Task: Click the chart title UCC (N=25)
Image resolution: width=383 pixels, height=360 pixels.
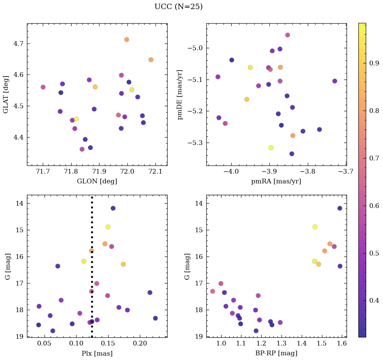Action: (178, 7)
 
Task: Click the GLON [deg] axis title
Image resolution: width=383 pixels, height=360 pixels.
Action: (97, 181)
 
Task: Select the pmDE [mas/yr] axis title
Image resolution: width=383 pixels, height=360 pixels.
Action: (180, 94)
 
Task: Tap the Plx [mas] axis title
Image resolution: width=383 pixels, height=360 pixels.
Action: (97, 353)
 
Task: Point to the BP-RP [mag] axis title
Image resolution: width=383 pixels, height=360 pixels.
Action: (276, 353)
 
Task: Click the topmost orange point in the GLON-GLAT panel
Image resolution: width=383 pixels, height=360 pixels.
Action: (127, 39)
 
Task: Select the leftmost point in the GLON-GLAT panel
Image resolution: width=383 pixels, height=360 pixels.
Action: (43, 87)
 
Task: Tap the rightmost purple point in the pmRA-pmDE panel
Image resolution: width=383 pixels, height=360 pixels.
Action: (335, 81)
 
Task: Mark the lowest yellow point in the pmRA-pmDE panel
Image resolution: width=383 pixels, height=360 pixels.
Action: (271, 148)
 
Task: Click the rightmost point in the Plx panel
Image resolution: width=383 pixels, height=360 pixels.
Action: (155, 318)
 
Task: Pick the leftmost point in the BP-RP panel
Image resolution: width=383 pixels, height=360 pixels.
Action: (212, 291)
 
